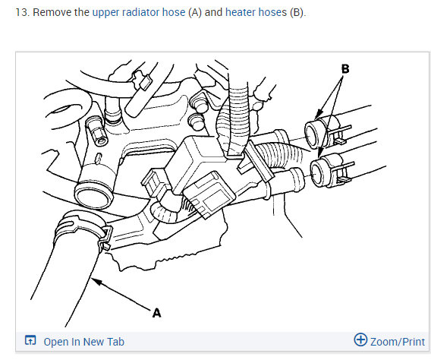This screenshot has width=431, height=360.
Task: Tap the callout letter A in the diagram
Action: tap(157, 312)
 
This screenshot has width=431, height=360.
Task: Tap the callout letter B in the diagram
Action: tap(345, 68)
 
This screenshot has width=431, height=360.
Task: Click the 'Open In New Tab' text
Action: tap(83, 342)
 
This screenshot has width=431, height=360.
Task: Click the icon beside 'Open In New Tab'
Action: tap(30, 341)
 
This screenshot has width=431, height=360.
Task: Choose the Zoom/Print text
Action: tap(398, 342)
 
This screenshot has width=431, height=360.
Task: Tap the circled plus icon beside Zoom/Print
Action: tap(360, 341)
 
